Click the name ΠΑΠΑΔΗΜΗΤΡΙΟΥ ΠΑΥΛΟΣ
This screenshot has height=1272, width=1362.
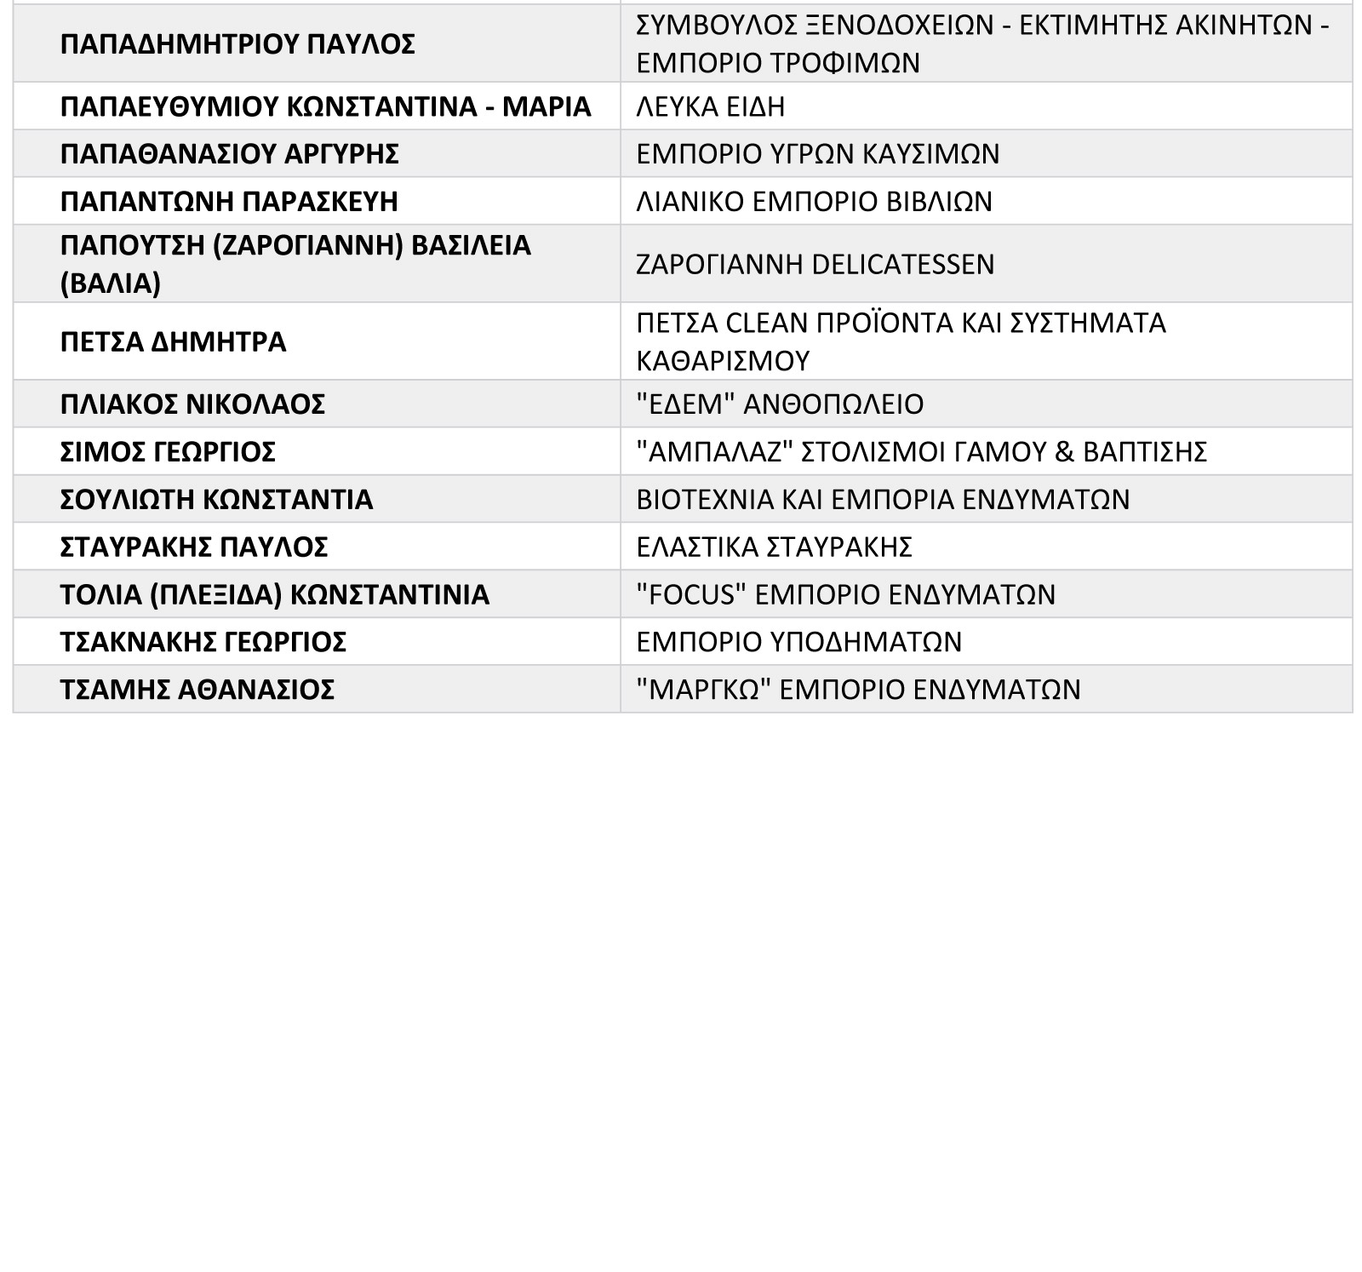pyautogui.click(x=237, y=44)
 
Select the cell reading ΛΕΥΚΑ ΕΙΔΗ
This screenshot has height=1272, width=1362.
pyautogui.click(x=711, y=106)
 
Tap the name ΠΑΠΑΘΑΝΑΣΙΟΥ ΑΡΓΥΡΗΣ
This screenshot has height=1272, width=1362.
pyautogui.click(x=229, y=154)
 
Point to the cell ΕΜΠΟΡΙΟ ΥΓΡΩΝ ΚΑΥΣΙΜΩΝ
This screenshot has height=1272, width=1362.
pyautogui.click(x=818, y=154)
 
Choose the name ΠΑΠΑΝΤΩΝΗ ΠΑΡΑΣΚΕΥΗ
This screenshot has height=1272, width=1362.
pyautogui.click(x=229, y=202)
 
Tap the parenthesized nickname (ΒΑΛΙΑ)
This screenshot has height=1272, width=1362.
pyautogui.click(x=111, y=283)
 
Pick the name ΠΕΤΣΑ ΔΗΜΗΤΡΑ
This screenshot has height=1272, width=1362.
pyautogui.click(x=173, y=342)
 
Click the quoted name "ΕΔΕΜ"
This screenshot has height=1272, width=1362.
pyautogui.click(x=685, y=404)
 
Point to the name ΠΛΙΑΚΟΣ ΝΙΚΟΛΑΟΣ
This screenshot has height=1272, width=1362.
pyautogui.click(x=192, y=404)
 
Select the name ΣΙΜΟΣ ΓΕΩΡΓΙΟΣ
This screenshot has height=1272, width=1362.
pyautogui.click(x=168, y=452)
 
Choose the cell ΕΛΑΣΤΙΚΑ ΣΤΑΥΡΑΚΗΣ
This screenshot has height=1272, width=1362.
pyautogui.click(x=774, y=547)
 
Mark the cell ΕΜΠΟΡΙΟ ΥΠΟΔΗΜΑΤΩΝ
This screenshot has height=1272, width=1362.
pyautogui.click(x=798, y=642)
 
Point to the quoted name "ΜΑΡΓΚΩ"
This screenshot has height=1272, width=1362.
pyautogui.click(x=704, y=690)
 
